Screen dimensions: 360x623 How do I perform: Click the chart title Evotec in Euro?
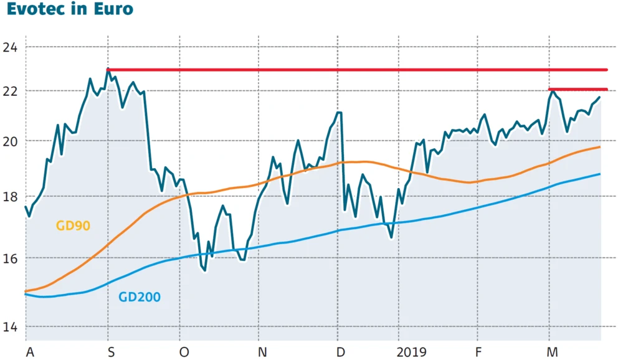pyautogui.click(x=69, y=11)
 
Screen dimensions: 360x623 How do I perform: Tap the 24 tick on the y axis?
pyautogui.click(x=10, y=47)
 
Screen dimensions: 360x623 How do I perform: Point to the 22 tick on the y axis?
pyautogui.click(x=10, y=91)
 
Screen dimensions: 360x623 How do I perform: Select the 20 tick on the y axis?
pyautogui.click(x=10, y=141)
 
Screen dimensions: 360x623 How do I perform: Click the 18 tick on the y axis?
pyautogui.click(x=10, y=197)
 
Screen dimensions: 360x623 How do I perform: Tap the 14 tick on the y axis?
pyautogui.click(x=10, y=327)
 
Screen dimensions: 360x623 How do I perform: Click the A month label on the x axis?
pyautogui.click(x=29, y=353)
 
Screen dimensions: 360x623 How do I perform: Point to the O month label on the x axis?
pyautogui.click(x=184, y=353)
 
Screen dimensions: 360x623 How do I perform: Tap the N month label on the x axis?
pyautogui.click(x=262, y=353)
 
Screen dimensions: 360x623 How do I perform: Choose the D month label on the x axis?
pyautogui.click(x=340, y=353)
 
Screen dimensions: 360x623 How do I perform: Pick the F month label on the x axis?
pyautogui.click(x=478, y=353)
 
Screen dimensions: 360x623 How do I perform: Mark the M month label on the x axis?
pyautogui.click(x=552, y=353)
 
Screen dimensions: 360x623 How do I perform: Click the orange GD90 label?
pyautogui.click(x=73, y=225)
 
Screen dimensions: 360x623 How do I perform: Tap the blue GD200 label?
pyautogui.click(x=139, y=297)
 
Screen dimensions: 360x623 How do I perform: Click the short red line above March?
pyautogui.click(x=578, y=90)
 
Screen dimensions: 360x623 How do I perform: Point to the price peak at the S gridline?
pyautogui.click(x=108, y=70)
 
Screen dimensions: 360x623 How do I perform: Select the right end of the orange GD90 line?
pyautogui.click(x=599, y=147)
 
